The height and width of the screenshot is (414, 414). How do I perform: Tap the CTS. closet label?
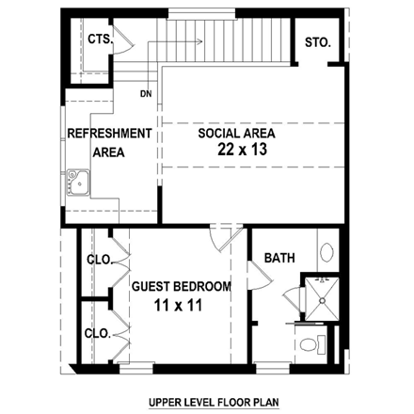[100, 40]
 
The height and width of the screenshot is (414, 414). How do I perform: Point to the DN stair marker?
[146, 93]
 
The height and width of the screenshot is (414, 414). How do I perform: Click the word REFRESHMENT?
[109, 133]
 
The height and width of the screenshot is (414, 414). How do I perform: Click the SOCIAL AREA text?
[236, 133]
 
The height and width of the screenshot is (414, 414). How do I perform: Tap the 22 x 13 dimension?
[236, 150]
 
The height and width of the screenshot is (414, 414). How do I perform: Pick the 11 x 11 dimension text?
[179, 306]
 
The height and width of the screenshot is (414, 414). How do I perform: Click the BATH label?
[279, 258]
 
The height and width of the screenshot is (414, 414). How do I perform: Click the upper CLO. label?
[99, 259]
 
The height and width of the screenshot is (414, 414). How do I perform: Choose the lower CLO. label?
[99, 333]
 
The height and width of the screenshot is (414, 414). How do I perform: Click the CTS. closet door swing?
[127, 44]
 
